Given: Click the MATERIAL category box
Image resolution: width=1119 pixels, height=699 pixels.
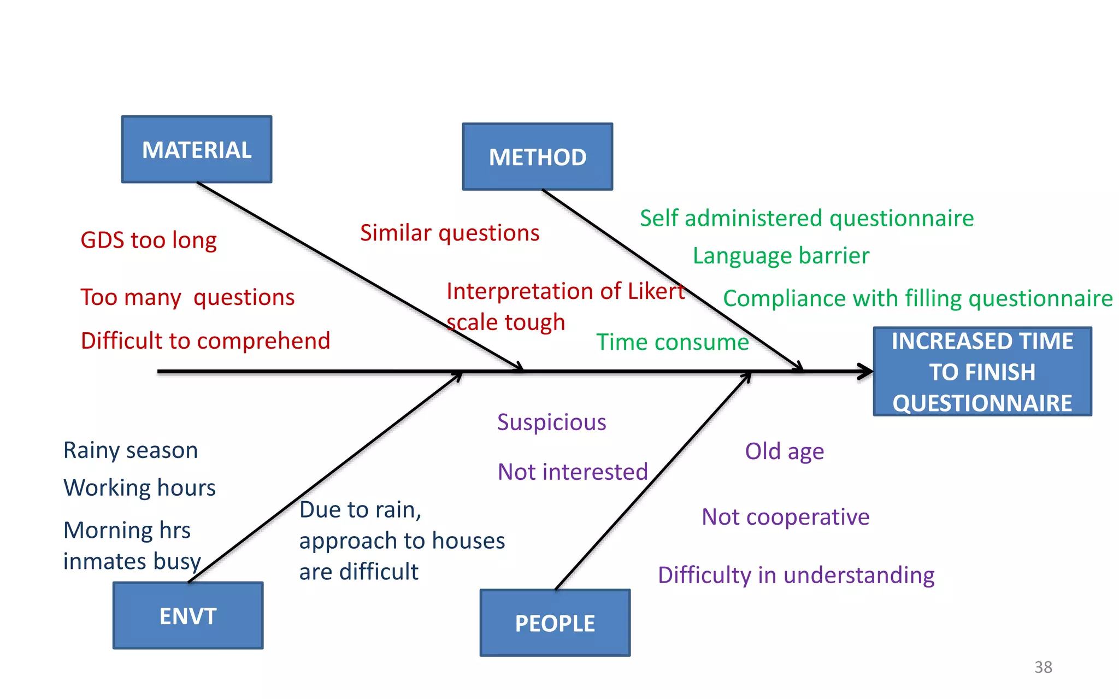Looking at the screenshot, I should (x=197, y=149).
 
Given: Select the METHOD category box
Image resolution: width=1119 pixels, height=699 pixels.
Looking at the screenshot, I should (x=538, y=157).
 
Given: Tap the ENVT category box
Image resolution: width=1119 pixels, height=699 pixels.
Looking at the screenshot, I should (x=188, y=615).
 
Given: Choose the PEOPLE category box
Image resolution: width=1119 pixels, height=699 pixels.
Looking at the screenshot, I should (x=555, y=622).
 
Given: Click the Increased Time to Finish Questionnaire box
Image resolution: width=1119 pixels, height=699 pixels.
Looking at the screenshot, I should (x=982, y=372).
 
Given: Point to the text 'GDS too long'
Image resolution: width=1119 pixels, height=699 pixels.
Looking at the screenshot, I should (x=149, y=240).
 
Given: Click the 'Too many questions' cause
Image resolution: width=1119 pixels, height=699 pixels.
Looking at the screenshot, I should (x=187, y=297).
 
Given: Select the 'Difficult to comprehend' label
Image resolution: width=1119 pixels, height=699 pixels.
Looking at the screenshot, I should (x=205, y=340).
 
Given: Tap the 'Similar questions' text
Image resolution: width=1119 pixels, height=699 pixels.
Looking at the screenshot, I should (x=450, y=233).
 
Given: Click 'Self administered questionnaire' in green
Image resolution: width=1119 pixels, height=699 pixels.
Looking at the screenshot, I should (x=806, y=218).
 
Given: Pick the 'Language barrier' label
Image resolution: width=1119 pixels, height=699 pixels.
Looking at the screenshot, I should (x=781, y=256).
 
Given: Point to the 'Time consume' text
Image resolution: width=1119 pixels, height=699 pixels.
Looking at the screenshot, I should (x=672, y=342).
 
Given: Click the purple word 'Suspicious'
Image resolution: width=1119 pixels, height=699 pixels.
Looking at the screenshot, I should (x=552, y=422).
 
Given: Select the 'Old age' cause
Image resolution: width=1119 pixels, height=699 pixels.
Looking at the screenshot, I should (x=785, y=451).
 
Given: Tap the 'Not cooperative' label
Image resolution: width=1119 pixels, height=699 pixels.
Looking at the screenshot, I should (x=785, y=516).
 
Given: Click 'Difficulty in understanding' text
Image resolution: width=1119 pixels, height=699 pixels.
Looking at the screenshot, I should (x=796, y=575).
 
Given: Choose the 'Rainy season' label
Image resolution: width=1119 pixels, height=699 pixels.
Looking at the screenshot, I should (x=131, y=450).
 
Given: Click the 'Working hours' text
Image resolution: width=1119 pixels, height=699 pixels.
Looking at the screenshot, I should (x=139, y=487).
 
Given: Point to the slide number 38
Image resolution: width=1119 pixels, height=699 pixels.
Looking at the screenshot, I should (x=1043, y=667).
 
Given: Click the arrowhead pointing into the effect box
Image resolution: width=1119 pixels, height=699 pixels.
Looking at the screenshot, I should (x=866, y=372).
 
